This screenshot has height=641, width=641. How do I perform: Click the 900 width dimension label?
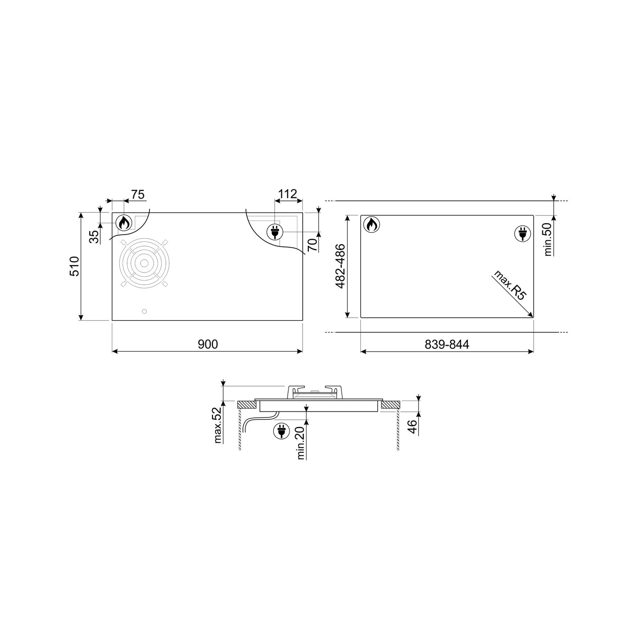coord(208,344)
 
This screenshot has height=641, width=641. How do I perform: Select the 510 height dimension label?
coord(75,266)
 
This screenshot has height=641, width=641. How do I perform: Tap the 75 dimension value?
coord(137,195)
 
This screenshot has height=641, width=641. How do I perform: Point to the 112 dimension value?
coord(288,194)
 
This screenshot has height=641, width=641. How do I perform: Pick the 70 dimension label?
coord(313,244)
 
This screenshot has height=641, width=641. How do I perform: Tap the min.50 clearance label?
coord(548,239)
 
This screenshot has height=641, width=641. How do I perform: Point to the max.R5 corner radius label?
coord(509,285)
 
